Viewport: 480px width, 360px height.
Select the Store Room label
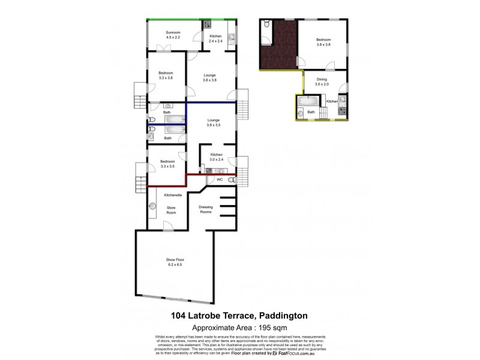pyautogui.click(x=170, y=209)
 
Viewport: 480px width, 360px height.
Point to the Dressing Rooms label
pyautogui.click(x=206, y=209)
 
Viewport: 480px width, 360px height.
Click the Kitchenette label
pyautogui.click(x=173, y=195)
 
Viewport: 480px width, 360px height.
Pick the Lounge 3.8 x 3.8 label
pyautogui.click(x=209, y=77)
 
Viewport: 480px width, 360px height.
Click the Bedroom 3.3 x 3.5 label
pyautogui.click(x=167, y=163)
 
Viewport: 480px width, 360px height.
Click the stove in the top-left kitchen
pyautogui.click(x=207, y=25)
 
